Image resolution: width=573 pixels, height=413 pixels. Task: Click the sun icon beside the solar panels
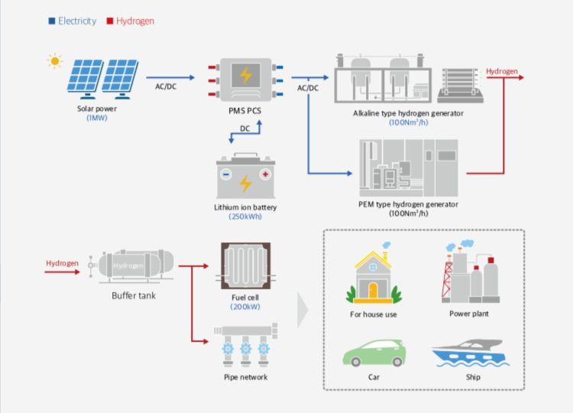click(54, 60)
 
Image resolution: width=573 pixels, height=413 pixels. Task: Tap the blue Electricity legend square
click(52, 21)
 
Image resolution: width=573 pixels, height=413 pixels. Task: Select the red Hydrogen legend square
click(110, 21)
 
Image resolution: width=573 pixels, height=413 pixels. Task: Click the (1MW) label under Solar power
click(97, 118)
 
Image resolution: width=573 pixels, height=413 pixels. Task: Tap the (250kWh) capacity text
click(245, 216)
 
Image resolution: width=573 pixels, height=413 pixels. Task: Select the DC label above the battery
click(245, 128)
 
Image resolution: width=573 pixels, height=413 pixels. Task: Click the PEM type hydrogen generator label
click(408, 204)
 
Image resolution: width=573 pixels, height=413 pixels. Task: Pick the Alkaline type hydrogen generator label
click(408, 113)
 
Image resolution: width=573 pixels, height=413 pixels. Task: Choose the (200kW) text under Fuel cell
click(245, 307)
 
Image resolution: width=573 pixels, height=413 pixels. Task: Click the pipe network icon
click(245, 345)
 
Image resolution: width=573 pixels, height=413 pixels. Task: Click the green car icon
click(373, 353)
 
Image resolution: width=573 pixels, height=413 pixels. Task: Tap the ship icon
click(468, 353)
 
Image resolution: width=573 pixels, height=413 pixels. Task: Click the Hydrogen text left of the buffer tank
click(62, 264)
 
